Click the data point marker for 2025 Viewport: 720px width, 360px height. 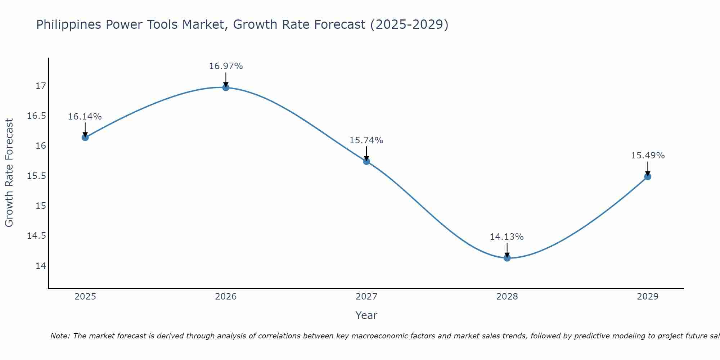[x=85, y=137]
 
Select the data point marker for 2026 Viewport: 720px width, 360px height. [x=226, y=87]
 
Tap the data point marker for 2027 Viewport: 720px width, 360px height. [x=366, y=161]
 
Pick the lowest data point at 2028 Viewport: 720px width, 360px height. [x=507, y=258]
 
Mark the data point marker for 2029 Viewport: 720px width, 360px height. [x=648, y=176]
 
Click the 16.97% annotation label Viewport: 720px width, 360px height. [x=226, y=66]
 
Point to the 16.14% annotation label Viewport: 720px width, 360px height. [x=85, y=117]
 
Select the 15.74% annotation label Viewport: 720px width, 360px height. [x=366, y=140]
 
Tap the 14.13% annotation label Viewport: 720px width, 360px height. [x=507, y=237]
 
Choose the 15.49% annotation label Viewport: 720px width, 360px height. [x=648, y=156]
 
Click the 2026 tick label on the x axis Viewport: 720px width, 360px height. [x=226, y=297]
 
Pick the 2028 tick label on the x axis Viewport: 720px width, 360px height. [x=507, y=297]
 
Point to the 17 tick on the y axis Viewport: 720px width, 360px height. [x=41, y=86]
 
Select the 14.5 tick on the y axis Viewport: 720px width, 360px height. [x=36, y=236]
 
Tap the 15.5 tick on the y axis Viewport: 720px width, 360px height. [x=36, y=176]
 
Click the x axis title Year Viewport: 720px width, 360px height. [x=366, y=315]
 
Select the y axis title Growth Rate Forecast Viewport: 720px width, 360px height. [x=9, y=173]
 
